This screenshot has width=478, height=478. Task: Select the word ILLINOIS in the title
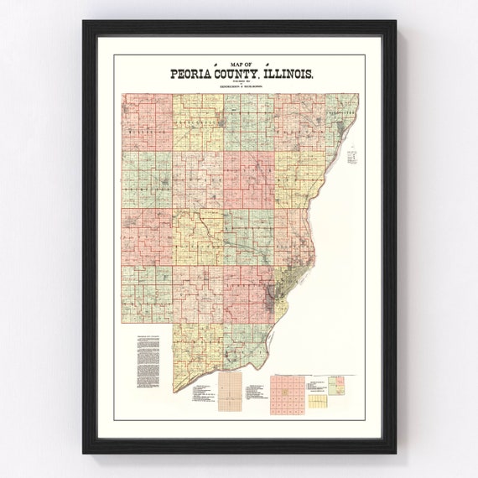[289, 75]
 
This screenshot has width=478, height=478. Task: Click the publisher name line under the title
[239, 86]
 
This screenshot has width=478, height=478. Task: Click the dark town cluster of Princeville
[220, 126]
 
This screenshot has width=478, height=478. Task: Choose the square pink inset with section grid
[287, 395]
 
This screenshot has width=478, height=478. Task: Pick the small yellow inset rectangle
[318, 401]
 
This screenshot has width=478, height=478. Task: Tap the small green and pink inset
[338, 384]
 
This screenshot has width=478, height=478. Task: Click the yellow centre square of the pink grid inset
[287, 395]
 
